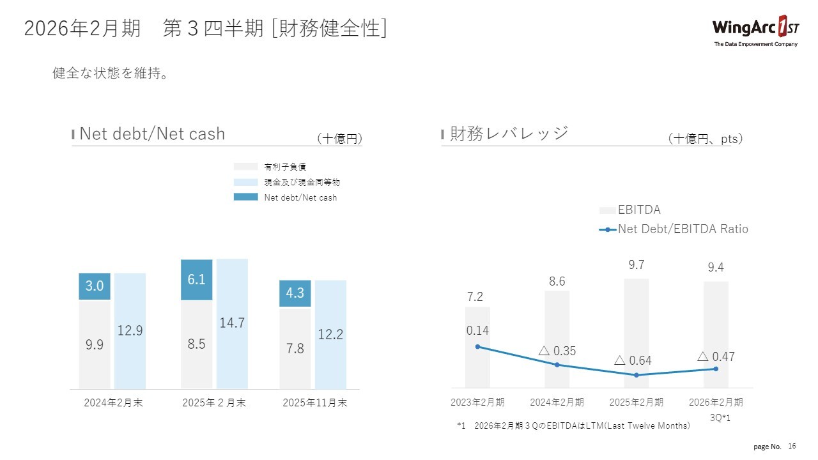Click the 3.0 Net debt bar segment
[95, 286]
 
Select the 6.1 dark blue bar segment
[197, 279]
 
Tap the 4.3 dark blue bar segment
[295, 293]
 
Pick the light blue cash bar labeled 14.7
[232, 323]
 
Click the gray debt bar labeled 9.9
[95, 344]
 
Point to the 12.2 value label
[330, 333]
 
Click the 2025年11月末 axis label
[315, 403]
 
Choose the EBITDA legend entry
[638, 210]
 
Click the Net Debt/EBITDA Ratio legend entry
[682, 229]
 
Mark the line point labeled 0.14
[477, 347]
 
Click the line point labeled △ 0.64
[637, 375]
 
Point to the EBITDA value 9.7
[637, 265]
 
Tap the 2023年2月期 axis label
[477, 402]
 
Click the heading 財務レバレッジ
[509, 134]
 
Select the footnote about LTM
[574, 425]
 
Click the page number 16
[792, 445]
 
